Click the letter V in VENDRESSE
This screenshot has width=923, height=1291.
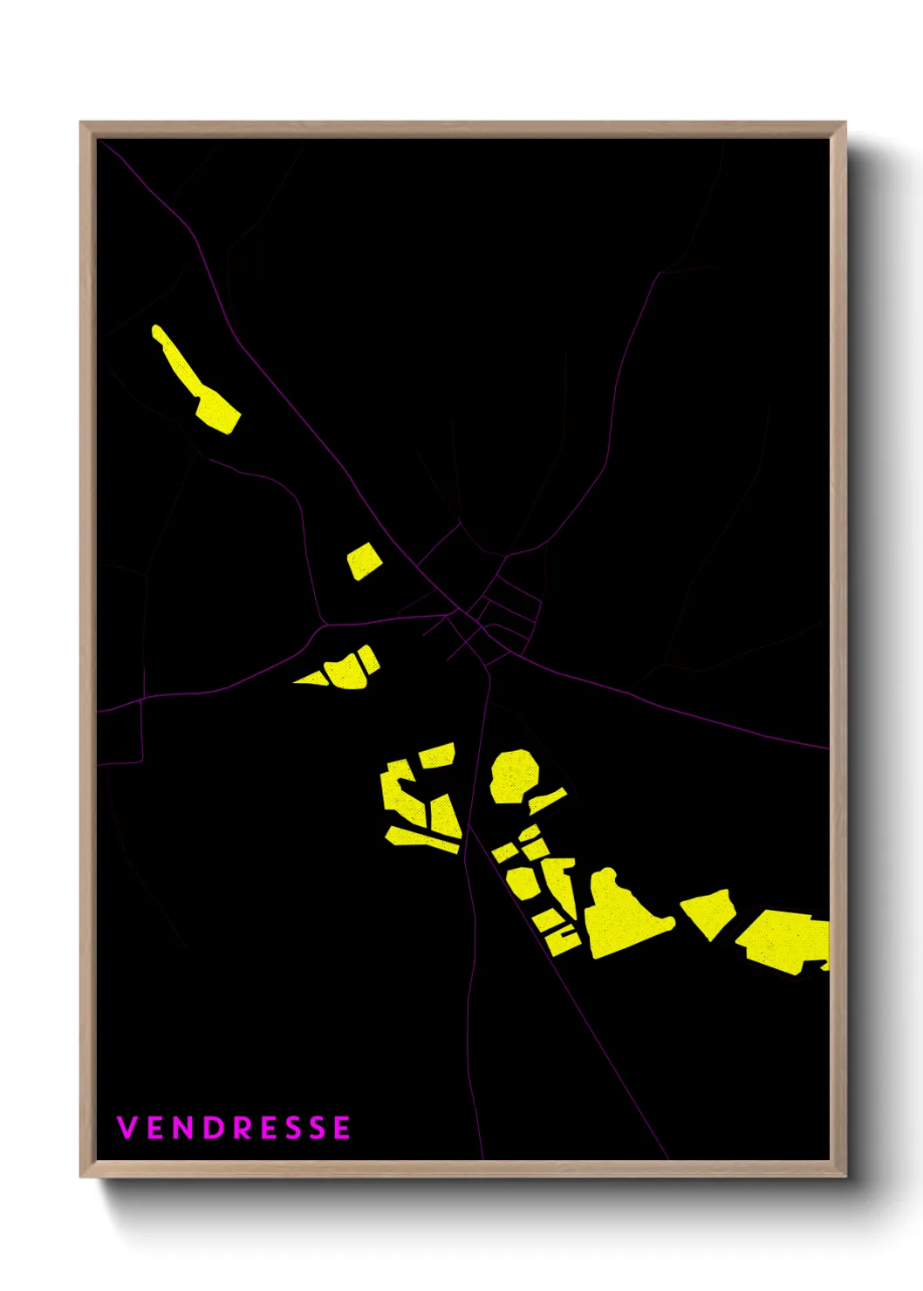126,1127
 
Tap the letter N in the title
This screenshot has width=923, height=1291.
182,1127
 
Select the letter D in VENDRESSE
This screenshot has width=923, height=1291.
212,1127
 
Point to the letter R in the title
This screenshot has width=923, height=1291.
242,1127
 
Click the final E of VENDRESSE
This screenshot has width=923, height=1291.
341,1127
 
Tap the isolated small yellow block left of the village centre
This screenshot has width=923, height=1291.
364,561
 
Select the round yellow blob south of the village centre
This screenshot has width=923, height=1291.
513,775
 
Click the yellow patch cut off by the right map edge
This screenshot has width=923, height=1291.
785,940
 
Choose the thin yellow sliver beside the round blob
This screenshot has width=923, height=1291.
547,801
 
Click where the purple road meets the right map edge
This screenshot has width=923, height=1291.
826,748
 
